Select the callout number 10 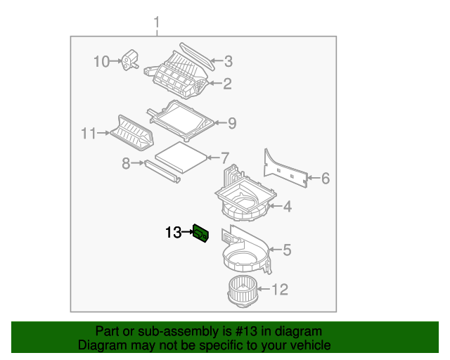pos(102,62)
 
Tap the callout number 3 pos(228,62)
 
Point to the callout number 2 pos(227,84)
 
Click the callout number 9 pos(231,124)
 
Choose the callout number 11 pos(88,132)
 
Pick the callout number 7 pos(225,157)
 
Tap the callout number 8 pos(127,163)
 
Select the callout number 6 pos(325,179)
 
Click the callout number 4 pos(287,207)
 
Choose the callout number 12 pos(279,289)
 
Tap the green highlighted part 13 pos(200,233)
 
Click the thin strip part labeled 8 pos(162,171)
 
